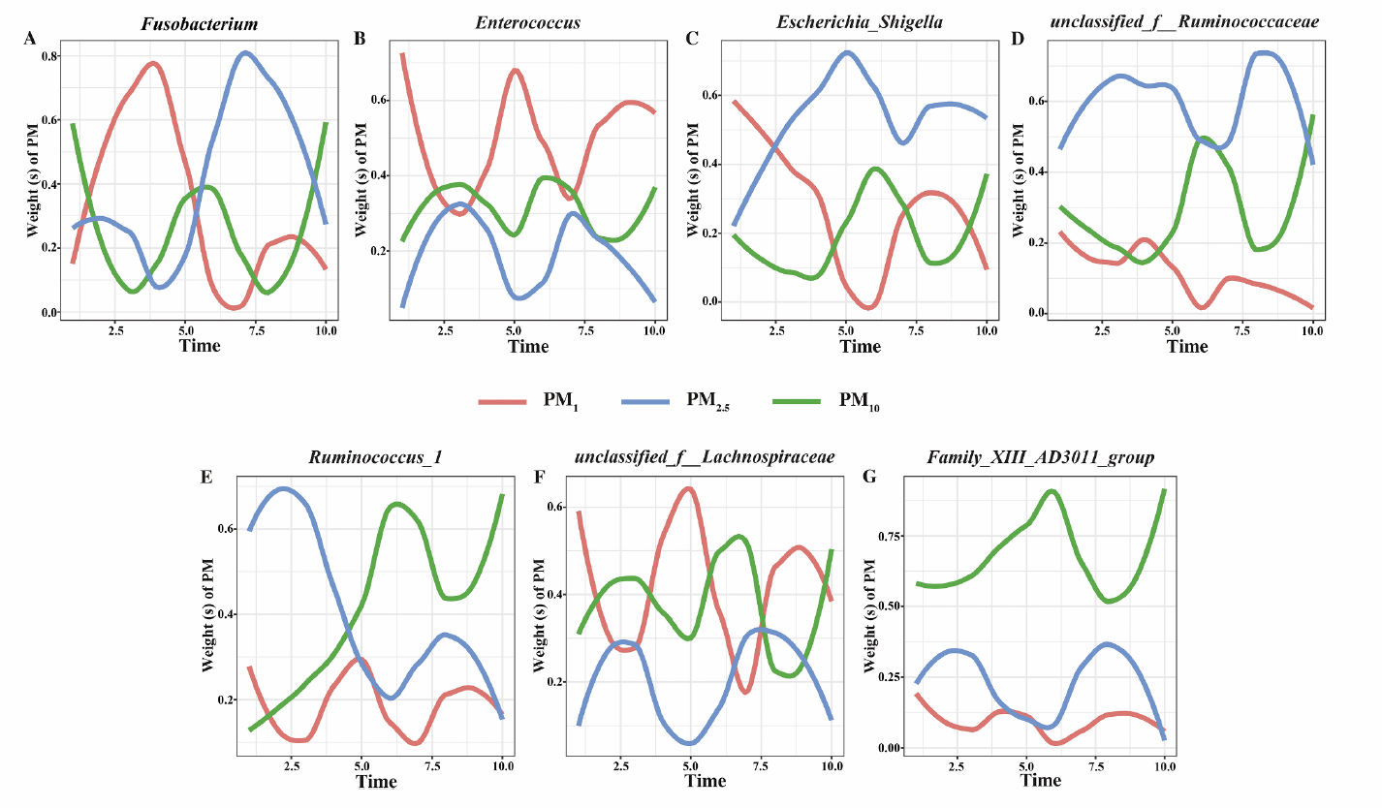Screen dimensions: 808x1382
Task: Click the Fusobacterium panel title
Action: coord(200,21)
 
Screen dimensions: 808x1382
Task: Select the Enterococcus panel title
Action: coord(527,21)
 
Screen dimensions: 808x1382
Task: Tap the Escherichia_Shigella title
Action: coord(846,21)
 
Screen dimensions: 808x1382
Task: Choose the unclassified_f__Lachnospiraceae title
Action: coord(705,456)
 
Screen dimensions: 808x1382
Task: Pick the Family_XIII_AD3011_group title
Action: coord(1041,456)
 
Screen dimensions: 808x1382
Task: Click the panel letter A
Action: coord(30,39)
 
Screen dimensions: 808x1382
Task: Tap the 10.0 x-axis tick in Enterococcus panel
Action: coord(654,331)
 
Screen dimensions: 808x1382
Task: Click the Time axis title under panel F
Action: coord(705,781)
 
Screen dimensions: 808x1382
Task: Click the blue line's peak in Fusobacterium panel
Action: coord(245,53)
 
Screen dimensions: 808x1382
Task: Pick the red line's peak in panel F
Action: coord(688,488)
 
